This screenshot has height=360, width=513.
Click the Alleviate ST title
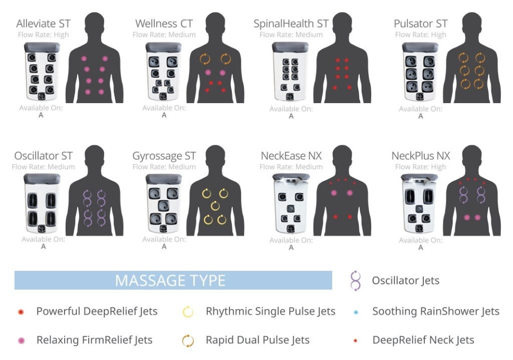(x=43, y=24)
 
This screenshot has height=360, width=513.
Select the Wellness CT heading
(x=164, y=24)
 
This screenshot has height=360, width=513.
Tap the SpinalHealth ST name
(x=291, y=24)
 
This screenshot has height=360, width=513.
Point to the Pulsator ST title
(x=420, y=24)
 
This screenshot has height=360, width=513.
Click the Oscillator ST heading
(x=43, y=156)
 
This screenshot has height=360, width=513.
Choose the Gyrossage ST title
(x=164, y=156)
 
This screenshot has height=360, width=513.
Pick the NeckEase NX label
(x=291, y=156)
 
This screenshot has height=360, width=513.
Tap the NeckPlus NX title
(x=421, y=156)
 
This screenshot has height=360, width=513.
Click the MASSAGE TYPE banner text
(x=170, y=280)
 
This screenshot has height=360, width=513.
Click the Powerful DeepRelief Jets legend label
(x=97, y=311)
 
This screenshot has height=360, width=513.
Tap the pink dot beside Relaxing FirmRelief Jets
(x=21, y=340)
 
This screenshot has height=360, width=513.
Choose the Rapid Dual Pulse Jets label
(x=258, y=340)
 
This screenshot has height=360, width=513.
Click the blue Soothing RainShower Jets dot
(x=356, y=312)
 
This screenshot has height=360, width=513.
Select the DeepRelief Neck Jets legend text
(x=423, y=340)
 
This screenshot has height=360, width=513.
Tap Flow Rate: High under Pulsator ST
(x=420, y=35)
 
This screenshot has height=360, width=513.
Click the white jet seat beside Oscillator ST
(x=42, y=203)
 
